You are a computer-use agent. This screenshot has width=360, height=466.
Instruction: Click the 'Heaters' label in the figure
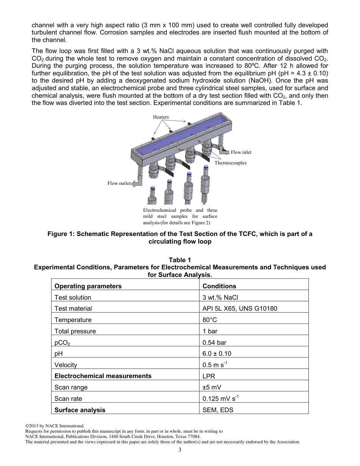161,117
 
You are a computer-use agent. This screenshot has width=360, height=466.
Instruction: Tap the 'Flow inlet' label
241,152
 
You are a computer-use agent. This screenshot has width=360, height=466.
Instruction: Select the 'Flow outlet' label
119,183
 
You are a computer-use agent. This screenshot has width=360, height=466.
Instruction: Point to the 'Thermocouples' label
230,163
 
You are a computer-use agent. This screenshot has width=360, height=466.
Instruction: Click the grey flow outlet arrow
136,183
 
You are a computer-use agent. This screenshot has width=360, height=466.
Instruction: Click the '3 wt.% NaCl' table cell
220,297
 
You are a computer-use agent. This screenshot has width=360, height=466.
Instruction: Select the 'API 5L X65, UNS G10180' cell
239,308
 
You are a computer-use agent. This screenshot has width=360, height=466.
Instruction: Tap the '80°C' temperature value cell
210,320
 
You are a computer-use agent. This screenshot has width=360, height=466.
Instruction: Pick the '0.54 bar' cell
214,342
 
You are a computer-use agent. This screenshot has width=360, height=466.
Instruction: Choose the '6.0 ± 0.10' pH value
217,353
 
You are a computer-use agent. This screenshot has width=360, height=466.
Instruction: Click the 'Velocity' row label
66,365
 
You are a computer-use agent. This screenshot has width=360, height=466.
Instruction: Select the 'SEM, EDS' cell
218,410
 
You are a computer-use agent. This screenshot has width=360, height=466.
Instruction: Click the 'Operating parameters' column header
88,286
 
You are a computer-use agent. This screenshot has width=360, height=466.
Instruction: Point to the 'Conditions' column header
219,286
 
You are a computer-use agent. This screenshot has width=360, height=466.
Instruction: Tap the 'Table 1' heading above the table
180,260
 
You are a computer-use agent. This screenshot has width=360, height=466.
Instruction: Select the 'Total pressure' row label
75,331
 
